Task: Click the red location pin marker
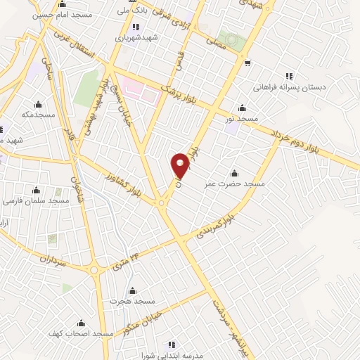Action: pos(180,167)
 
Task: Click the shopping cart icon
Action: pos(247,63)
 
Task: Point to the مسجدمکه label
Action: pos(37,114)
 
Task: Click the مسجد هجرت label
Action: pos(124,300)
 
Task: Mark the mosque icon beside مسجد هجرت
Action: pos(131,290)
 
